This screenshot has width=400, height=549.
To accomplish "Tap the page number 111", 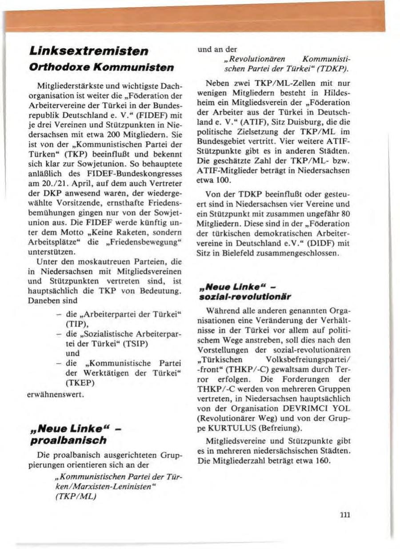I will [345, 515].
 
